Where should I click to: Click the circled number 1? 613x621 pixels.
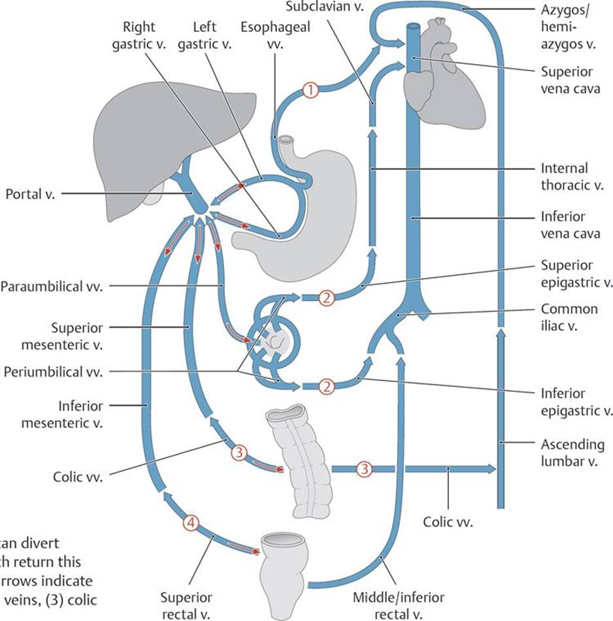point(311,91)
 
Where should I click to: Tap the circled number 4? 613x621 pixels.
point(190,522)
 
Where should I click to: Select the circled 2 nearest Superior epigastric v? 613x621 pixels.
point(326,298)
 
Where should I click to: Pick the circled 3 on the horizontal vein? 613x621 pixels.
point(363,469)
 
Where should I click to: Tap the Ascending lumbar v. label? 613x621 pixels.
point(572,453)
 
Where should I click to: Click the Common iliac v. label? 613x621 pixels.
point(569,317)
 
